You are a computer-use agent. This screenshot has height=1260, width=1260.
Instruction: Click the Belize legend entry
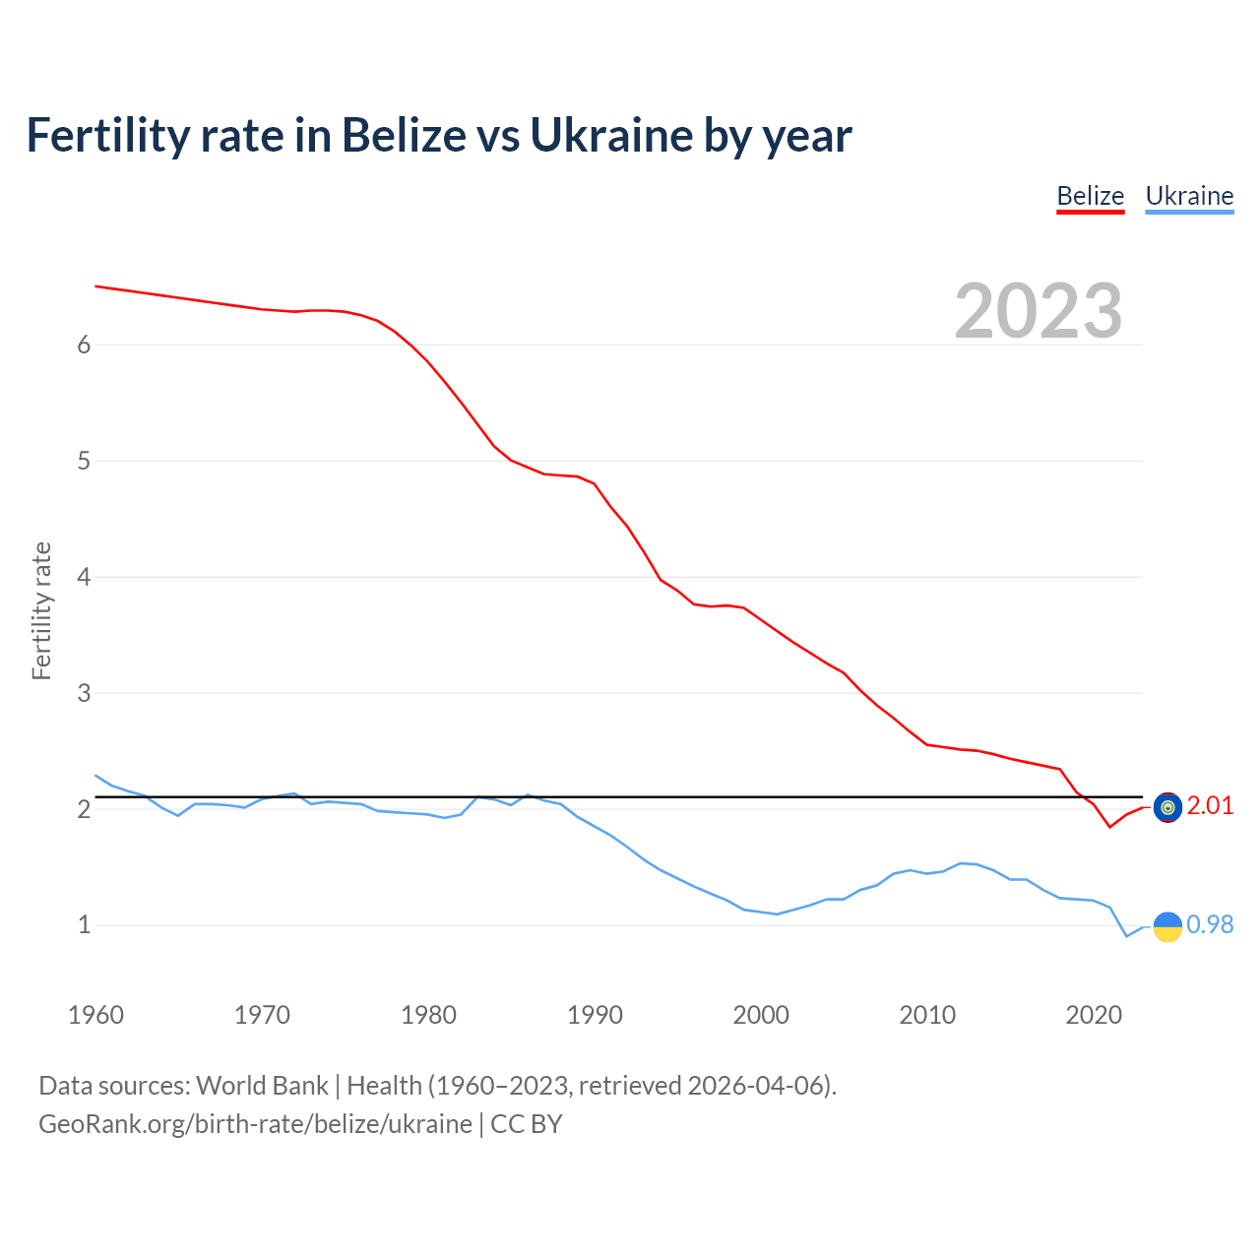click(x=1090, y=196)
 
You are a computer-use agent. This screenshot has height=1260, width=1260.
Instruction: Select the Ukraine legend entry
click(x=1189, y=196)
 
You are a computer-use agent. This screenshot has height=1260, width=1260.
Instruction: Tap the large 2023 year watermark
click(x=1038, y=311)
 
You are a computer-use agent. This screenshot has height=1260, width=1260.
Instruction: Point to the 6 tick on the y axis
click(x=84, y=345)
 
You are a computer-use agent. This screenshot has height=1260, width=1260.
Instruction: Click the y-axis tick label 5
click(x=84, y=461)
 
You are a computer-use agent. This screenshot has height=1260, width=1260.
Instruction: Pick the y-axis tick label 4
click(x=84, y=577)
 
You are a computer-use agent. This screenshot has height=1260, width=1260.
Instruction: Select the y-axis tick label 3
click(x=84, y=693)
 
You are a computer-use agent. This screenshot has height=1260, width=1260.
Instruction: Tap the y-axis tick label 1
click(x=84, y=925)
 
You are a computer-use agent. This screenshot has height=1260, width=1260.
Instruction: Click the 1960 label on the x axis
click(x=95, y=1015)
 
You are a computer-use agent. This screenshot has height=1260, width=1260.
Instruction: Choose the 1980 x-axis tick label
click(x=428, y=1015)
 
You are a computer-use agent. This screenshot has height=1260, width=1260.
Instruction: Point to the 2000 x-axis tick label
click(x=761, y=1015)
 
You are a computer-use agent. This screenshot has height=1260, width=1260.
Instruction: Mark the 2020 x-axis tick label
click(x=1094, y=1015)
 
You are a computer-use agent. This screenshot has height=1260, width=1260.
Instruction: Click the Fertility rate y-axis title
click(x=41, y=610)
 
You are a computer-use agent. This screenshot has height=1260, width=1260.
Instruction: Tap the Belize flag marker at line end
click(x=1167, y=807)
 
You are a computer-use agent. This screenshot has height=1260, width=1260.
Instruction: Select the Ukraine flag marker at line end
click(x=1167, y=926)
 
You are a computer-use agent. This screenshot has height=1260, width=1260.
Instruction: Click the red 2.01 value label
click(x=1210, y=805)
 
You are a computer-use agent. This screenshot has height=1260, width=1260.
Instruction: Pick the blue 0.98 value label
click(x=1210, y=924)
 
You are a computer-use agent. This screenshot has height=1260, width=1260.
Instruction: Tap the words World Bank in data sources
click(x=262, y=1085)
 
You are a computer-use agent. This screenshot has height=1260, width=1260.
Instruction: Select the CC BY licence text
click(x=526, y=1124)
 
